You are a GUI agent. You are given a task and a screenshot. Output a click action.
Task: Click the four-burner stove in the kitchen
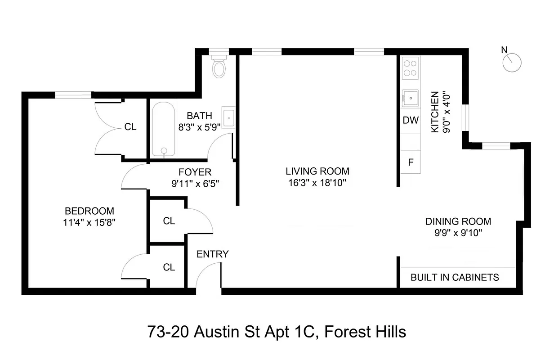(x=410, y=68)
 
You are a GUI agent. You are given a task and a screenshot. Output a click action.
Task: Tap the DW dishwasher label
(x=410, y=121)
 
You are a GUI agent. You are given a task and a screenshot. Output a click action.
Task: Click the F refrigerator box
(x=410, y=162)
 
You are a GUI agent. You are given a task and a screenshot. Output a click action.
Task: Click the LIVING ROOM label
(x=317, y=171)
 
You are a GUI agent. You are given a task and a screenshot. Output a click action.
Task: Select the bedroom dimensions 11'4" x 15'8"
(x=89, y=222)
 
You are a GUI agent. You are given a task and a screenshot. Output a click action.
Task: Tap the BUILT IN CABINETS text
(x=455, y=277)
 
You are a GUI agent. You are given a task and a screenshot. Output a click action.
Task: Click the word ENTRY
(x=213, y=254)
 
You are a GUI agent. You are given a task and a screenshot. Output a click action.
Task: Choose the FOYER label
(x=195, y=172)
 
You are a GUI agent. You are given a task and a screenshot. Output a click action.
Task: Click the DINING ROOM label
(x=458, y=221)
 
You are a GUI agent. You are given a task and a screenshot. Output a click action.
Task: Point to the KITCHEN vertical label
(x=435, y=112)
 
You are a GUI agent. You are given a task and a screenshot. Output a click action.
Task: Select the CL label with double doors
(x=130, y=127)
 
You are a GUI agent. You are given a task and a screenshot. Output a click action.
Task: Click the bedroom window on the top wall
(x=73, y=94)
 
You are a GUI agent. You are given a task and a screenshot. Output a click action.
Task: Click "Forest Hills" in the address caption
(x=365, y=332)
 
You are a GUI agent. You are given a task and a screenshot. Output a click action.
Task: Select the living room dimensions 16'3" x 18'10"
(x=317, y=183)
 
